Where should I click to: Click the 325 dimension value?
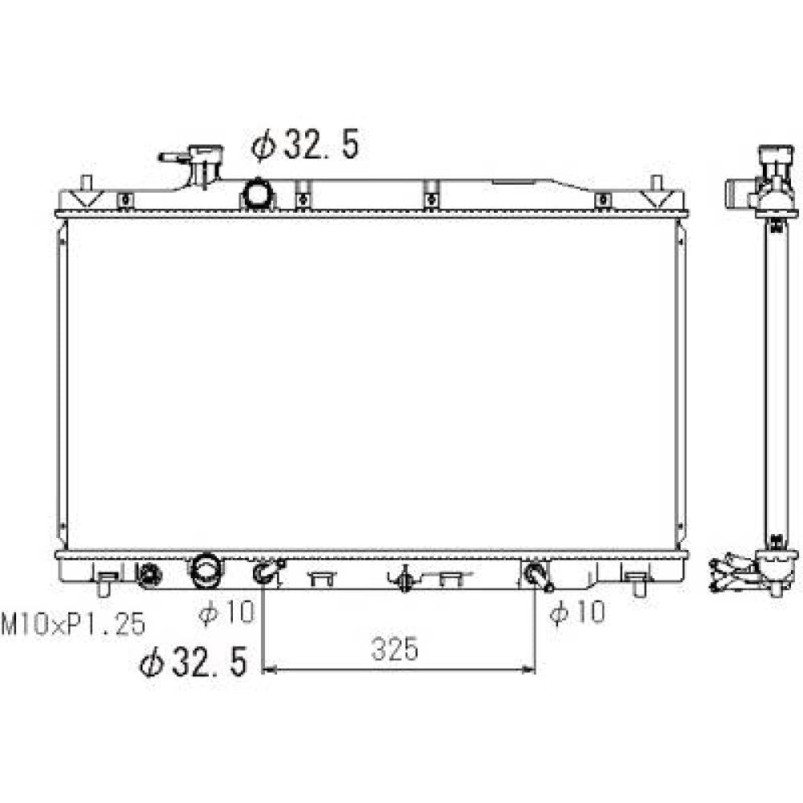click(x=395, y=649)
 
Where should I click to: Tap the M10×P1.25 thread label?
click(x=73, y=624)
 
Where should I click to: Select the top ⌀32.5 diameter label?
click(x=305, y=145)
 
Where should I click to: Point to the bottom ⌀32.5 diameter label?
click(x=194, y=662)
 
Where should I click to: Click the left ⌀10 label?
click(x=226, y=612)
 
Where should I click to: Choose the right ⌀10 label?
click(x=577, y=611)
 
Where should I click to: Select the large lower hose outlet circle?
click(x=206, y=570)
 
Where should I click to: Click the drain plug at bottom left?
click(x=149, y=574)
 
